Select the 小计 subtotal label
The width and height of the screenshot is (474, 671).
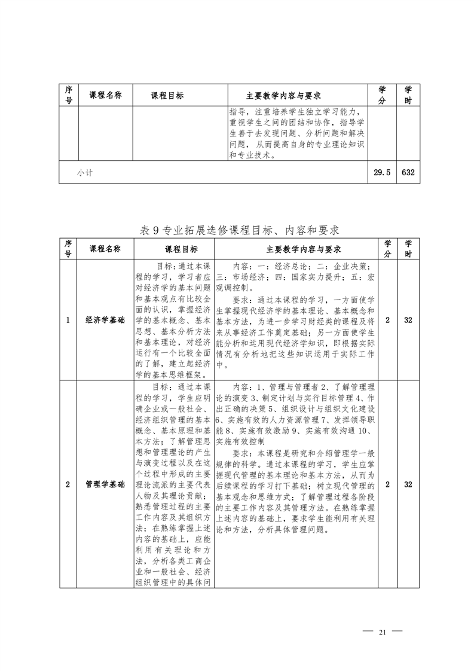coord(84,172)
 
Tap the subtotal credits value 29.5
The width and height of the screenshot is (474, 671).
coord(382,172)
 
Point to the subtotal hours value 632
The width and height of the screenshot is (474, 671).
coord(408,172)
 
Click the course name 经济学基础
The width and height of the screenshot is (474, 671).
coord(105,320)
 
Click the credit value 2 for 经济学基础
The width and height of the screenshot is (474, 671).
coord(387,320)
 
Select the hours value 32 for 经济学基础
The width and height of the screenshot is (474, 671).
coord(408,320)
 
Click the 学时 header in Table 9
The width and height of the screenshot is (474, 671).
coord(408,249)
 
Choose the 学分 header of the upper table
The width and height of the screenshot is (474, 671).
coord(382,95)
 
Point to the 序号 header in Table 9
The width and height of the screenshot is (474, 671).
coord(68,249)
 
